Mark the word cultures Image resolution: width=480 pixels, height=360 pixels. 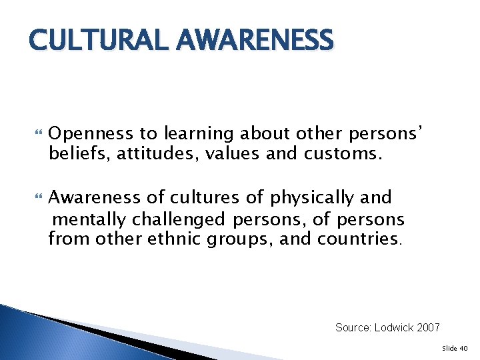tap(199, 198)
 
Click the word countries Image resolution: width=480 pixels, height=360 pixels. tap(361, 239)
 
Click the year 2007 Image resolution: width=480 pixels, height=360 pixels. tap(427, 327)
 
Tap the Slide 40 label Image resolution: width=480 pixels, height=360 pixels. tap(455, 348)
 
